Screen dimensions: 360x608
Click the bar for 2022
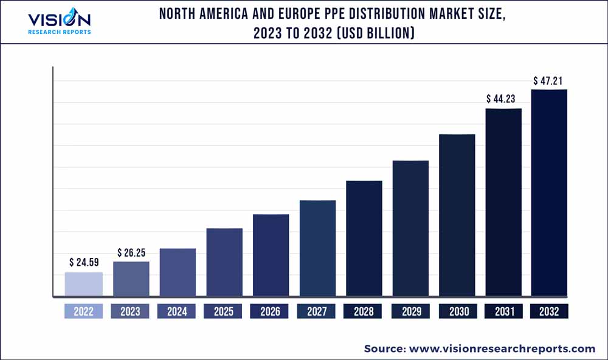pyautogui.click(x=84, y=285)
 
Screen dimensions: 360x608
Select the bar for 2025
pyautogui.click(x=224, y=263)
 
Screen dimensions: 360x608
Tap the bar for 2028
pyautogui.click(x=364, y=239)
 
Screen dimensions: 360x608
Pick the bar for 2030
pyautogui.click(x=457, y=215)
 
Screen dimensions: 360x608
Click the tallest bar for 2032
pyautogui.click(x=549, y=193)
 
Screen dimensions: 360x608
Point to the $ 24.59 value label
pyautogui.click(x=84, y=263)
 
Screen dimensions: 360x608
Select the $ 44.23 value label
pyautogui.click(x=503, y=99)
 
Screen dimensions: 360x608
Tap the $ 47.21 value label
pyautogui.click(x=550, y=80)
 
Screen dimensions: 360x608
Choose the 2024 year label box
pyautogui.click(x=177, y=311)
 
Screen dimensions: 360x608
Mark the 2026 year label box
pyautogui.click(x=270, y=311)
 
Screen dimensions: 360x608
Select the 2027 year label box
pyautogui.click(x=317, y=311)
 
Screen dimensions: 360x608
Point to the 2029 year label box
pyautogui.click(x=410, y=311)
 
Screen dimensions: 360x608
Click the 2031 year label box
pyautogui.click(x=503, y=311)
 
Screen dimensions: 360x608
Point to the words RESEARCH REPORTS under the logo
pyautogui.click(x=60, y=32)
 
